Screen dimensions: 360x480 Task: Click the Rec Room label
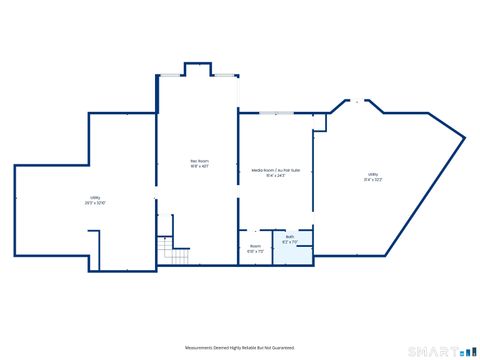(x=200, y=161)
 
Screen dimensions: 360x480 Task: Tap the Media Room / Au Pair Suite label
(x=275, y=171)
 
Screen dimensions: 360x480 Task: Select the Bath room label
(x=289, y=237)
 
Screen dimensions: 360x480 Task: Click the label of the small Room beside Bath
(x=255, y=245)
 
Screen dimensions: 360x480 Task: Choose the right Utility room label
(x=372, y=174)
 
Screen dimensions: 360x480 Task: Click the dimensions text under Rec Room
(x=200, y=167)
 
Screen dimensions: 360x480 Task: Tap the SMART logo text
(x=439, y=350)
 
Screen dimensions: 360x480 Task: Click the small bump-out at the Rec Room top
(x=197, y=70)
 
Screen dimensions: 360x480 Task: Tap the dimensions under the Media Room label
(x=275, y=177)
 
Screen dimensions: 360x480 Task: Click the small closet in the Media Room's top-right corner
(x=319, y=122)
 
